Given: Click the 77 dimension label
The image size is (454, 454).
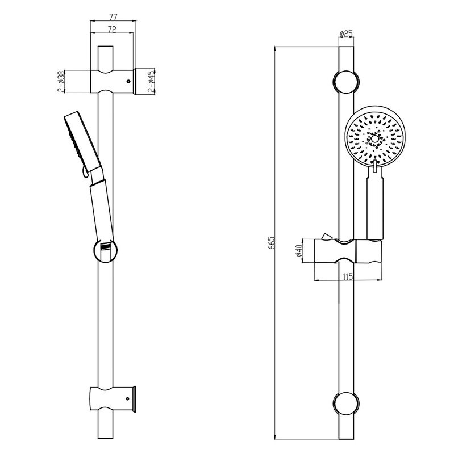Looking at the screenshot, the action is pyautogui.click(x=113, y=17).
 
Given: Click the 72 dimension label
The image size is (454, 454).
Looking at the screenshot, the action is pyautogui.click(x=112, y=30).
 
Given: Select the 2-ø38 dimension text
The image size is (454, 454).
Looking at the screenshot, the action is pyautogui.click(x=61, y=81).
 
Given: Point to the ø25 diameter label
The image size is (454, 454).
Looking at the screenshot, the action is pyautogui.click(x=346, y=34).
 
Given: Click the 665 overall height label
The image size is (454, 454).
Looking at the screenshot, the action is pyautogui.click(x=272, y=243).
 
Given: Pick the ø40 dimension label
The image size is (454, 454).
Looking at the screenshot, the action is pyautogui.click(x=299, y=250).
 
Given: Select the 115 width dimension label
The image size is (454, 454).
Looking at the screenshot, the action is pyautogui.click(x=348, y=276).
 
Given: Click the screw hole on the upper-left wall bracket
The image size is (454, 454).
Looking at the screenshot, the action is pyautogui.click(x=128, y=82).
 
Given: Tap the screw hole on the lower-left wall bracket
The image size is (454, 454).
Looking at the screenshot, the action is pyautogui.click(x=127, y=399).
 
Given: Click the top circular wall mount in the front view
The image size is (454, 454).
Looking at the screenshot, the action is pyautogui.click(x=346, y=82).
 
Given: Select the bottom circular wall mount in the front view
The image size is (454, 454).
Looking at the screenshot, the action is pyautogui.click(x=346, y=404).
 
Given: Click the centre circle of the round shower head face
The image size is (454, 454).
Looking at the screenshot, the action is pyautogui.click(x=375, y=139).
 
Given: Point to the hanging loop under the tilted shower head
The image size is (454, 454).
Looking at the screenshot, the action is pyautogui.click(x=85, y=172).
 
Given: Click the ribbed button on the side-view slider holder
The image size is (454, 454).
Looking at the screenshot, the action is pyautogui.click(x=105, y=247).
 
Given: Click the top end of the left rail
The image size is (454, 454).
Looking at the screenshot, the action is pyautogui.click(x=106, y=46).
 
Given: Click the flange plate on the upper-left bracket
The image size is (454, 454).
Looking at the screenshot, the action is pyautogui.click(x=135, y=81).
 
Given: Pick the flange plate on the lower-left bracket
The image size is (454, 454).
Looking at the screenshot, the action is pyautogui.click(x=134, y=399).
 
